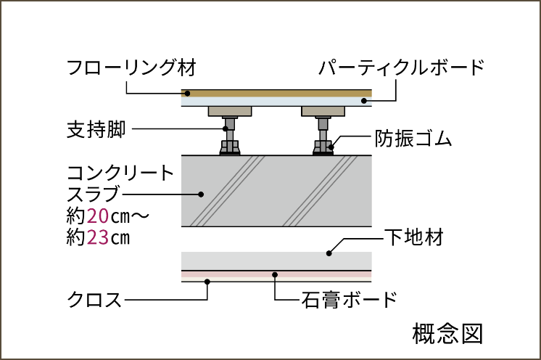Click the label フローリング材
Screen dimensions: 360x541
coord(132,68)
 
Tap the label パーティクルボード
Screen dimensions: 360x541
coord(401,68)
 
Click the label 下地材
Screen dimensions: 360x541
coord(413,237)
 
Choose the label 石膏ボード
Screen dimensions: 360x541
coord(350,298)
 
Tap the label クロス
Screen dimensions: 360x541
coord(94,298)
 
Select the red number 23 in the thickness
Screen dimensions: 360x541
coord(97,237)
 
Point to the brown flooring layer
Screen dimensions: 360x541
coord(276,93)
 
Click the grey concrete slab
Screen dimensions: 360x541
coord(276,190)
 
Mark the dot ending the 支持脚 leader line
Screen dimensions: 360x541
coord(226,129)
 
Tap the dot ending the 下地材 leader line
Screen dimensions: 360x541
coord(329,253)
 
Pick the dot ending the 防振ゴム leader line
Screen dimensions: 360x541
coord(330,147)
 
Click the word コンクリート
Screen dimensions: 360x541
coord(120,173)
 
